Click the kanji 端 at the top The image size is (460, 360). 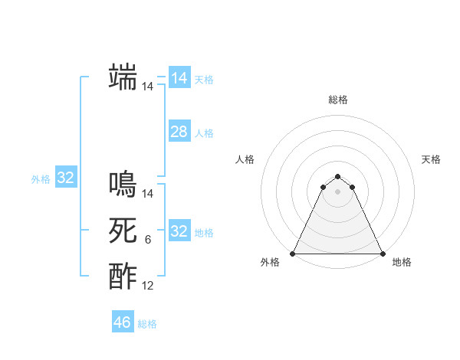123,77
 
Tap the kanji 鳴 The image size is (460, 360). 123,185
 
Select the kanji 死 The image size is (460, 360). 123,231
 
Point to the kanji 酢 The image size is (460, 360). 123,276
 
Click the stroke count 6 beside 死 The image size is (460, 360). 147,240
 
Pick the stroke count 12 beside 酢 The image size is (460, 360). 147,286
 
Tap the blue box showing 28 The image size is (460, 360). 179,132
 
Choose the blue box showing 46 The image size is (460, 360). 123,322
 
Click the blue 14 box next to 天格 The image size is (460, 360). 179,78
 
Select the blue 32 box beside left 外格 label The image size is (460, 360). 66,178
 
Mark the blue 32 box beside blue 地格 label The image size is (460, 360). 179,231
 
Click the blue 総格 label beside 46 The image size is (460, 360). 147,324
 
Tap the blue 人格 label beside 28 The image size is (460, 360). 204,133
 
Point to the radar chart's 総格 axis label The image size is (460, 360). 337,100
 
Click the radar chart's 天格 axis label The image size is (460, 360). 431,159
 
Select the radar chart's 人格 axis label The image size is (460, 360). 245,159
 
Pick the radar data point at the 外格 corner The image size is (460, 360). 293,254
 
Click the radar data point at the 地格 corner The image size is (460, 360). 382,254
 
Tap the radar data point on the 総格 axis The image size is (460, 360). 337,177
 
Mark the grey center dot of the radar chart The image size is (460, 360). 337,191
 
